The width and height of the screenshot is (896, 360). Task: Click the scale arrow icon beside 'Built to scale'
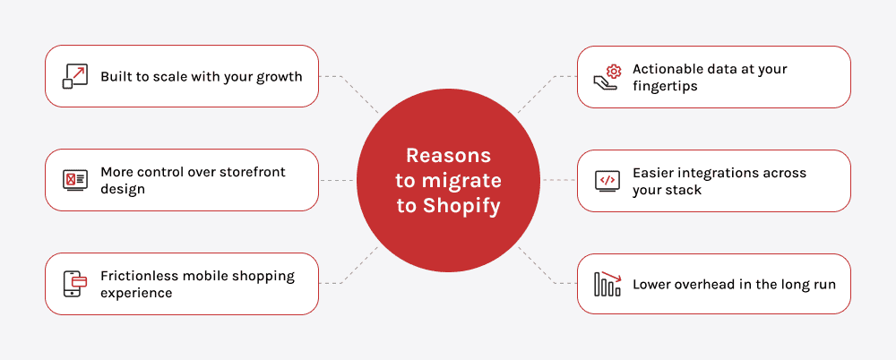point(73,76)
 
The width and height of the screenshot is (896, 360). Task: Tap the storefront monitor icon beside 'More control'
point(73,180)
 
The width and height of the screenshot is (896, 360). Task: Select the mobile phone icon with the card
point(73,284)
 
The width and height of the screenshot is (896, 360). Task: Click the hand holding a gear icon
point(607,77)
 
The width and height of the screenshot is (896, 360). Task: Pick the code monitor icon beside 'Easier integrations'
point(607,180)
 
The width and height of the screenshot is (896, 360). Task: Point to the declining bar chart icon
point(607,284)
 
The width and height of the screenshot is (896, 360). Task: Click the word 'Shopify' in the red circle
point(461,206)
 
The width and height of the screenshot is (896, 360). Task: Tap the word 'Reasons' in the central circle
point(448,154)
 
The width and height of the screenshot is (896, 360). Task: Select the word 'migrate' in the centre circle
point(462,180)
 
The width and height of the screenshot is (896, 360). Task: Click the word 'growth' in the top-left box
point(279,77)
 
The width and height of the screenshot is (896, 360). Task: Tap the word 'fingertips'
point(665,86)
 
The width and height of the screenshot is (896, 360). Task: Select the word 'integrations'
point(718,172)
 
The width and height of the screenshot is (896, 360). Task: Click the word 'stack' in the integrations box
point(684,190)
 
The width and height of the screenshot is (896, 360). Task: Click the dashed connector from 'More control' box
point(337,180)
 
